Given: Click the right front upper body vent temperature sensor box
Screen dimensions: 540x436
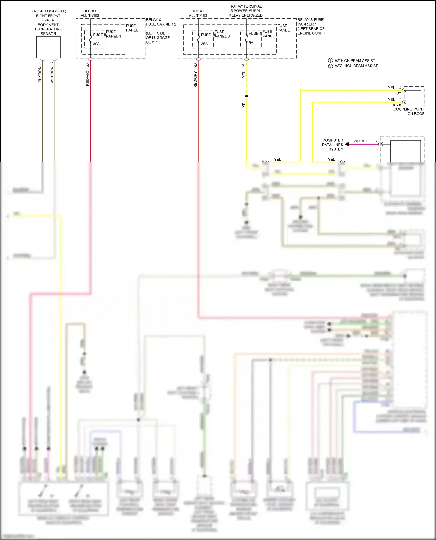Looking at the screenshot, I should [48, 47].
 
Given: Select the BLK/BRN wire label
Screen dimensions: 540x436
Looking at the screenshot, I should [40, 75].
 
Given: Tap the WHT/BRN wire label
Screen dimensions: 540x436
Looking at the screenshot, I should [52, 75].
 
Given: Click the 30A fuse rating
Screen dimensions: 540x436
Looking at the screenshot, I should [96, 44].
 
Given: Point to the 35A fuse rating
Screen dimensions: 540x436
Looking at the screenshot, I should [204, 44].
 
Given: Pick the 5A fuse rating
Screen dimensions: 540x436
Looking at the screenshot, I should [251, 43].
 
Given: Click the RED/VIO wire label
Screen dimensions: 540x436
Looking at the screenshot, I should [87, 78].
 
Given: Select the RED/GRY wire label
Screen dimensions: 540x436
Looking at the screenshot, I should [196, 80].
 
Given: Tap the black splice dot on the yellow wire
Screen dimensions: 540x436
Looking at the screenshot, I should [246, 96].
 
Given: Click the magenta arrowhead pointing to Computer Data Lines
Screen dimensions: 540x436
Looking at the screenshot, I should [347, 144].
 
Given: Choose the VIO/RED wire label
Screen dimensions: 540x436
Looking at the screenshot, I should [361, 141].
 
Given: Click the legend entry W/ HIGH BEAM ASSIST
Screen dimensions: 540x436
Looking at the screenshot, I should [355, 61].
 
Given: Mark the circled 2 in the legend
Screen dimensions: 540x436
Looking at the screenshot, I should [330, 66].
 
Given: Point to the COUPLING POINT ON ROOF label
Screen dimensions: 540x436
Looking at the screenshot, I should [409, 111].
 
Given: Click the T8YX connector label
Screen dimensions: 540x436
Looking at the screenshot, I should [396, 105].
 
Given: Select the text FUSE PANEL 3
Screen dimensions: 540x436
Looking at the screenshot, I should [222, 34].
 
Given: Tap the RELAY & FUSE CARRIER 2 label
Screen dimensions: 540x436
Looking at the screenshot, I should [161, 22].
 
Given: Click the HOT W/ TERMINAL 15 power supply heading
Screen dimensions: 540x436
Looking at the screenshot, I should [246, 11].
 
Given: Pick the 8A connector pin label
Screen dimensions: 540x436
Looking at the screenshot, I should [87, 64].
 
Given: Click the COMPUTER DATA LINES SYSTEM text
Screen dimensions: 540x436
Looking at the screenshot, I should [333, 145].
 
